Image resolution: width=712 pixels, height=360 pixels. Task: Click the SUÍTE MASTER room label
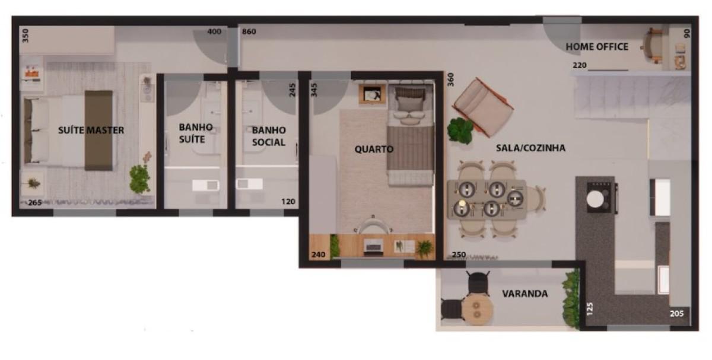coord(91,130)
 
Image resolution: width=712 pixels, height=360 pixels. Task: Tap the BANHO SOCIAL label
coord(269,136)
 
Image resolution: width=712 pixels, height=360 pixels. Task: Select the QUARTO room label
coord(374,149)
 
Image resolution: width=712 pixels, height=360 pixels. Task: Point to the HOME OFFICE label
coord(597,47)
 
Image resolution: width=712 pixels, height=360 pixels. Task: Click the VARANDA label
coord(525,294)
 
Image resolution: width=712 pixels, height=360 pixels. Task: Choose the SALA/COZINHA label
coord(531,148)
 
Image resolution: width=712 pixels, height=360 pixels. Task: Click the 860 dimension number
coord(249,31)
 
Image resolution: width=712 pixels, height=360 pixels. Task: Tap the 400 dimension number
coord(214,31)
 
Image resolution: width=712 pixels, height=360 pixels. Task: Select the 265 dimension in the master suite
coord(35,203)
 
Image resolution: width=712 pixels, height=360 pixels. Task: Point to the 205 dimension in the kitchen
coord(677,314)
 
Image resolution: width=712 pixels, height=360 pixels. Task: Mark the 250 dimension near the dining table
coord(459,254)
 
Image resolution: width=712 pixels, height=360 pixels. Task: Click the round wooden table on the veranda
coord(478,310)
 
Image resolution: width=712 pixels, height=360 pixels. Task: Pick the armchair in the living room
coord(483,107)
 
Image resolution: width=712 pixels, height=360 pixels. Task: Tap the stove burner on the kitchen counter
coord(595,199)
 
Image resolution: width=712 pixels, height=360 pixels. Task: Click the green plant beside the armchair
coord(460,130)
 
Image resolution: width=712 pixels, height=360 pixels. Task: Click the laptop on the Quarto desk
coord(373,247)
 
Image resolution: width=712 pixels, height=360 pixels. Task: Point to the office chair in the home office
coord(652,46)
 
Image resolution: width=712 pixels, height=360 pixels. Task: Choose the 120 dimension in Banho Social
coord(288,202)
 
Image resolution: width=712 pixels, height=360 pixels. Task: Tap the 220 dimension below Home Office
coord(580,65)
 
